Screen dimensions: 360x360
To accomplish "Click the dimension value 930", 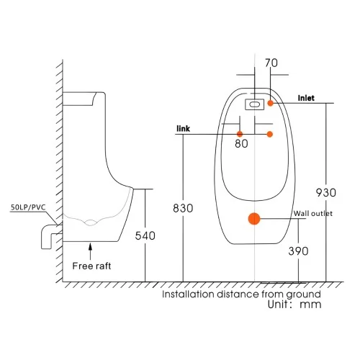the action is click(326, 193).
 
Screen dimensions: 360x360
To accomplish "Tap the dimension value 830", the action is click(183, 208).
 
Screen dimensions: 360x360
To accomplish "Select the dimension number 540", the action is click(145, 235).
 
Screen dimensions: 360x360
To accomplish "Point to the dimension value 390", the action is click(298, 251).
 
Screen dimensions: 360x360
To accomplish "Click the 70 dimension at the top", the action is click(271, 63).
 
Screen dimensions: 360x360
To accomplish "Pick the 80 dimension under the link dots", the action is click(241, 143).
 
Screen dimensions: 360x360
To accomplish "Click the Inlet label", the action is click(306, 98).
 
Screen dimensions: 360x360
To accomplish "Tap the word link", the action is click(183, 128).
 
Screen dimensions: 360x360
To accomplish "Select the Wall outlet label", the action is click(313, 213).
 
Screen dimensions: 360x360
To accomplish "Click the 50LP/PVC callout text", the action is click(28, 207).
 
